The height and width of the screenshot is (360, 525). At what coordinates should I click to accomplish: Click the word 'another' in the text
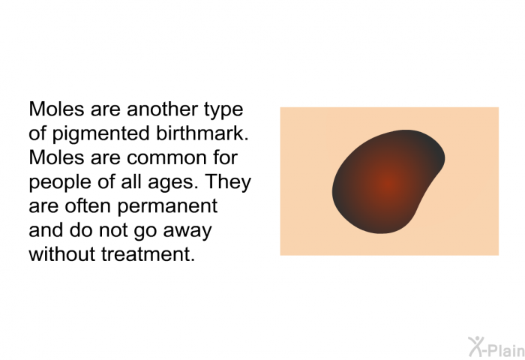pyautogui.click(x=163, y=109)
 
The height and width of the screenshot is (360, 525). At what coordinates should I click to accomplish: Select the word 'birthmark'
pyautogui.click(x=202, y=133)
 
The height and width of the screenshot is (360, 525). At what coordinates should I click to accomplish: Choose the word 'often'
pyautogui.click(x=88, y=205)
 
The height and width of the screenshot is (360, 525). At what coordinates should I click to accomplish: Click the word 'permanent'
pyautogui.click(x=167, y=207)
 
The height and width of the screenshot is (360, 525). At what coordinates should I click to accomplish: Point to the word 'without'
pyautogui.click(x=62, y=253)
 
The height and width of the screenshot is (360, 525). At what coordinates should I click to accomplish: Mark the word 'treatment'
pyautogui.click(x=148, y=254)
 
